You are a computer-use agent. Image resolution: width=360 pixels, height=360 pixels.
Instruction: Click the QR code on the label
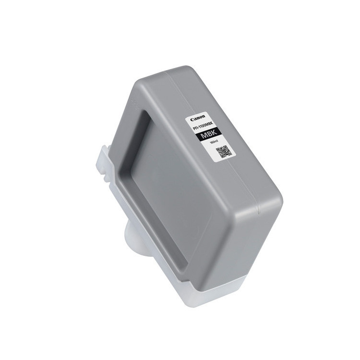click(224, 152)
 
